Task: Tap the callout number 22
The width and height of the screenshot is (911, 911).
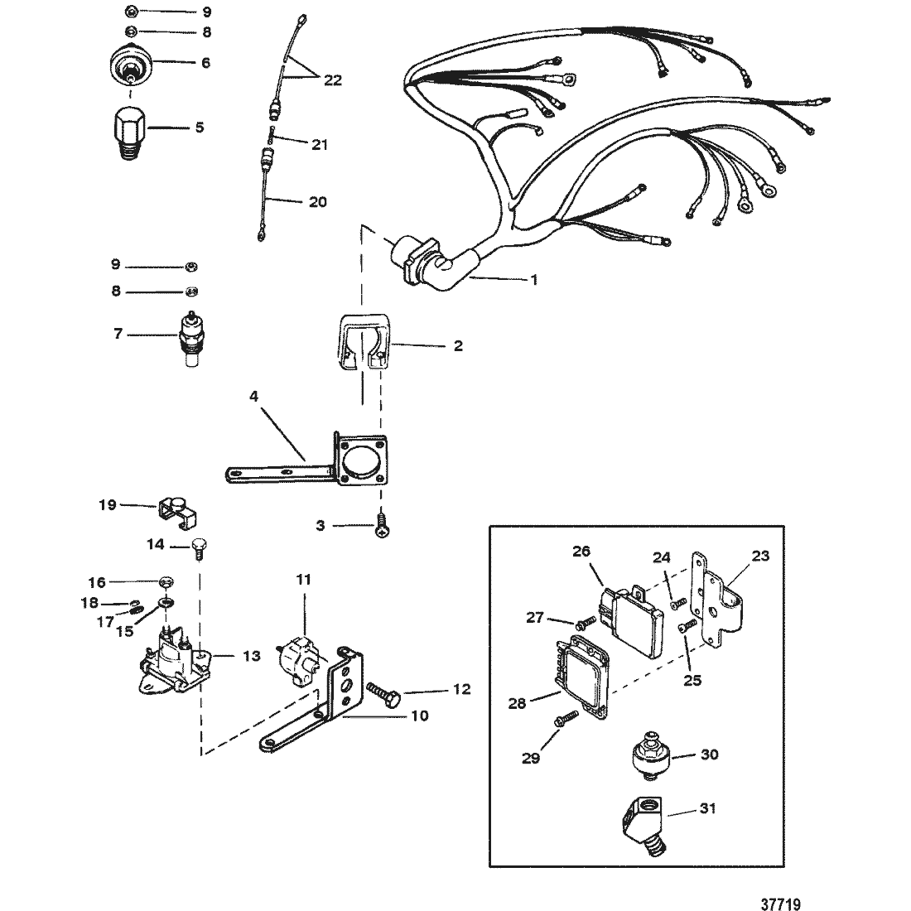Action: click(x=332, y=80)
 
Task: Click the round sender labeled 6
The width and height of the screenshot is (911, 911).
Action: click(x=131, y=64)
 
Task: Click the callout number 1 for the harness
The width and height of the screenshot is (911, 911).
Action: click(x=534, y=280)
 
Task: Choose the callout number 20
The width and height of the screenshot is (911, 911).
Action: click(x=319, y=201)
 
